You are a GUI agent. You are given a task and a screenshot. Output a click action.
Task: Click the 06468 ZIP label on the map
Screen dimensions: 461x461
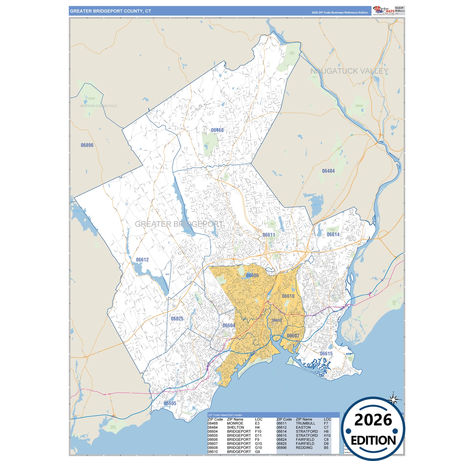coord(217,130)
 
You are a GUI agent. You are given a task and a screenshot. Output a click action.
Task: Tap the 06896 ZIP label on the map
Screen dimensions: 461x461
coord(87,145)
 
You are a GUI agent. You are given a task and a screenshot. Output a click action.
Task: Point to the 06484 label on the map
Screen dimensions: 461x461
coord(328,171)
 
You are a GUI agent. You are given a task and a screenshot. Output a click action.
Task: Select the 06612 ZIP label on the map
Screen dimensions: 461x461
coord(142,260)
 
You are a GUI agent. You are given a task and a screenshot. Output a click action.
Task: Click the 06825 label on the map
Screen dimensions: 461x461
coord(177,319)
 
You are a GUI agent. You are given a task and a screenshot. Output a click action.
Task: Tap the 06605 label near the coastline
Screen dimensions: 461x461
coord(170,403)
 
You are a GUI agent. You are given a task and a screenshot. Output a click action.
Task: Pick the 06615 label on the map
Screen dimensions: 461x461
coord(326,353)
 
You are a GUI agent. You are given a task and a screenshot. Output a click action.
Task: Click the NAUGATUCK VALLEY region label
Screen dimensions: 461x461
coord(349,71)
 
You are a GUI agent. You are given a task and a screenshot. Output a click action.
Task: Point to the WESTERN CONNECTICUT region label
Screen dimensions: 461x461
coord(99,106)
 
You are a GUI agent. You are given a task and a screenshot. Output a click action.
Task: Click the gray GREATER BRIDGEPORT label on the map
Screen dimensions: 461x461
coord(179,224)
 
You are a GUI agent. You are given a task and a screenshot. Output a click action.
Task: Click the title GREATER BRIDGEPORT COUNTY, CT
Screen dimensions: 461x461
coord(110,11)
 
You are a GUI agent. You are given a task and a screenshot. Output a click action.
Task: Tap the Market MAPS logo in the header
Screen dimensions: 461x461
coord(384,11)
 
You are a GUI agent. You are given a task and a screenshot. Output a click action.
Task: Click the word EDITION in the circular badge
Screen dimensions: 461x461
coord(373,441)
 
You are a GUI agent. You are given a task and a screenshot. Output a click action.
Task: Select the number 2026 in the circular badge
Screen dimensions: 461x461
coord(373,420)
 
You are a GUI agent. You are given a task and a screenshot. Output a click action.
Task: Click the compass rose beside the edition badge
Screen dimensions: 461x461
coord(394,399)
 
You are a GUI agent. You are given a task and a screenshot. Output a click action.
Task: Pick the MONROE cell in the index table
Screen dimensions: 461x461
coord(235,423)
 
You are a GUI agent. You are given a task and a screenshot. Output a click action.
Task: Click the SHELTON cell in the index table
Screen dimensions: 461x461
coord(235,428)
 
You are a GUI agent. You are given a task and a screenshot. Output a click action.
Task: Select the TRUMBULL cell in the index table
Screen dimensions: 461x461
coord(305,423)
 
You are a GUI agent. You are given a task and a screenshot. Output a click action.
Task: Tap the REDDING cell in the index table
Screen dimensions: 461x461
coord(304,448)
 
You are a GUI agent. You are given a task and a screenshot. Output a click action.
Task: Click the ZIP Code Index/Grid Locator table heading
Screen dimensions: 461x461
coord(225,415)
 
